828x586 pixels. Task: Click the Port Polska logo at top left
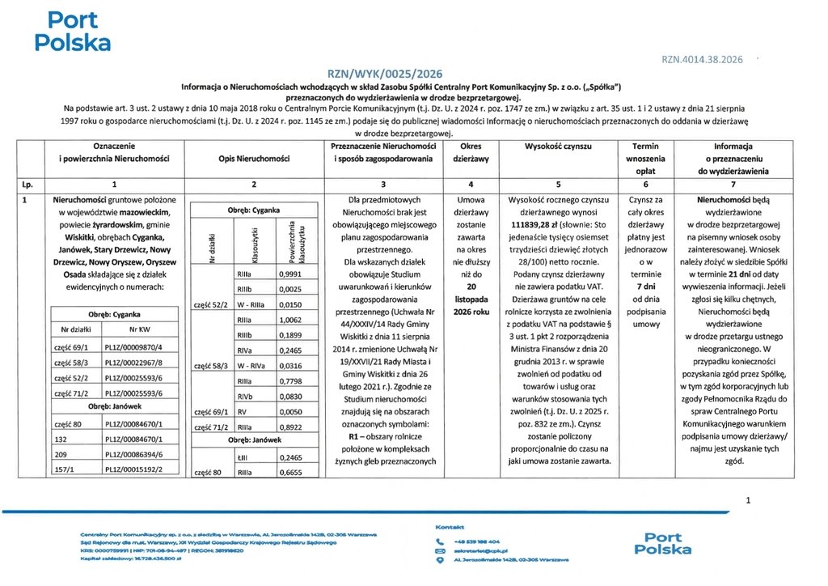click(x=73, y=31)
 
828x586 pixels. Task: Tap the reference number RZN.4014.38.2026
click(x=702, y=60)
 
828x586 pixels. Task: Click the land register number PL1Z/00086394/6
click(x=133, y=454)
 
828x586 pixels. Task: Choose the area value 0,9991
click(x=289, y=274)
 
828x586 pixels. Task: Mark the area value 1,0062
click(x=289, y=320)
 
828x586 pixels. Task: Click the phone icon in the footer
click(x=441, y=541)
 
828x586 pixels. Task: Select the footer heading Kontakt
click(x=450, y=527)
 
